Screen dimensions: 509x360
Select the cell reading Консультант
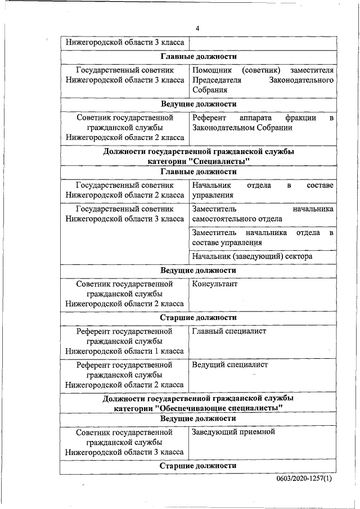[x=215, y=284]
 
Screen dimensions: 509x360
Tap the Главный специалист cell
[x=229, y=331]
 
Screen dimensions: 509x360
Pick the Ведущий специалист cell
[x=230, y=365]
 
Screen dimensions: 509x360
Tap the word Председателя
[x=217, y=80]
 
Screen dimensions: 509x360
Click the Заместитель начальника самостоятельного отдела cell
[x=263, y=214]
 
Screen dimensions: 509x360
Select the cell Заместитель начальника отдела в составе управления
[x=263, y=237]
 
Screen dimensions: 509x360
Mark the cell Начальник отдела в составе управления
[x=263, y=190]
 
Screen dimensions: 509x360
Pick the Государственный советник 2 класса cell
[x=124, y=190]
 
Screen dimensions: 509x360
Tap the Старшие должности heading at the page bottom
[x=198, y=466]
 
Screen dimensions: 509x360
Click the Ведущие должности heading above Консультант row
[x=198, y=271]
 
